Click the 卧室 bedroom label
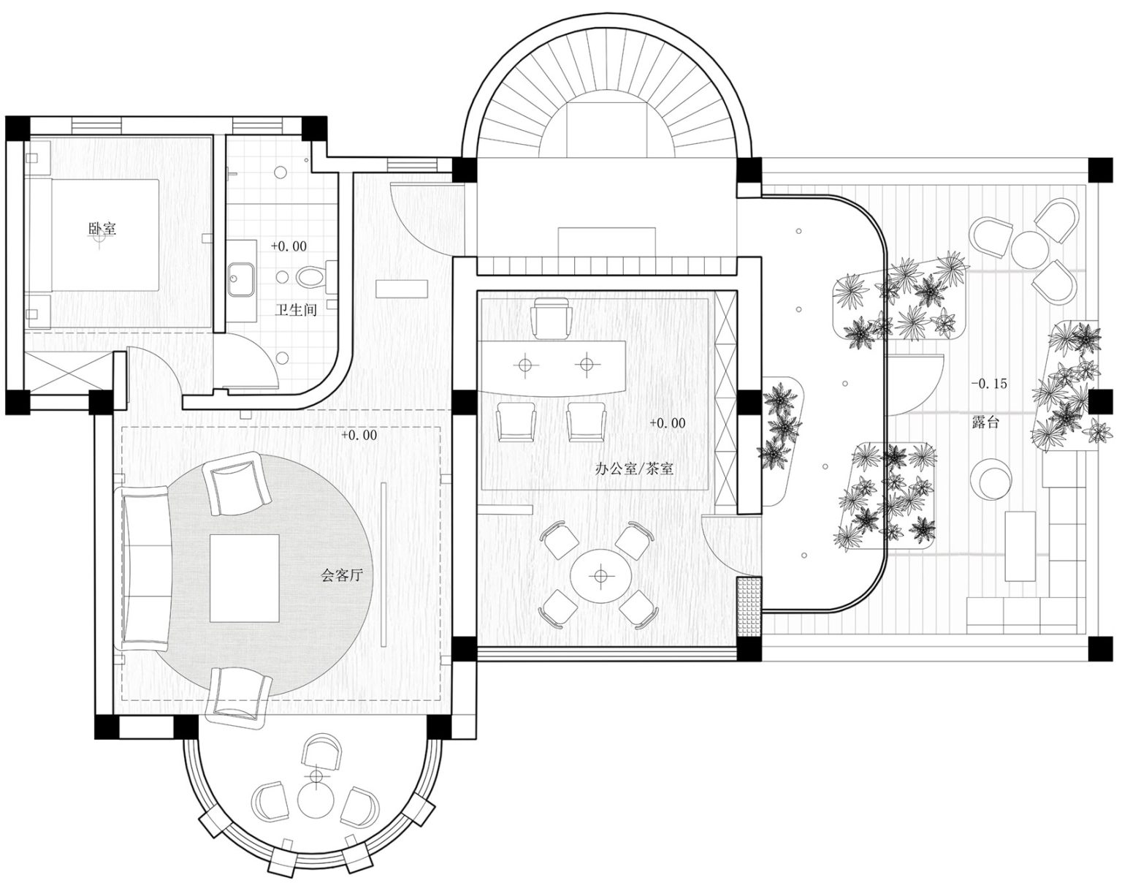[102, 229]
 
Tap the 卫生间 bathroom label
[296, 310]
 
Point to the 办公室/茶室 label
[634, 469]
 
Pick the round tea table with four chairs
[600, 577]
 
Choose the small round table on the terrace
[1031, 247]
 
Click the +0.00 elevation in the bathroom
[289, 246]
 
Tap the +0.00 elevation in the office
[667, 422]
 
